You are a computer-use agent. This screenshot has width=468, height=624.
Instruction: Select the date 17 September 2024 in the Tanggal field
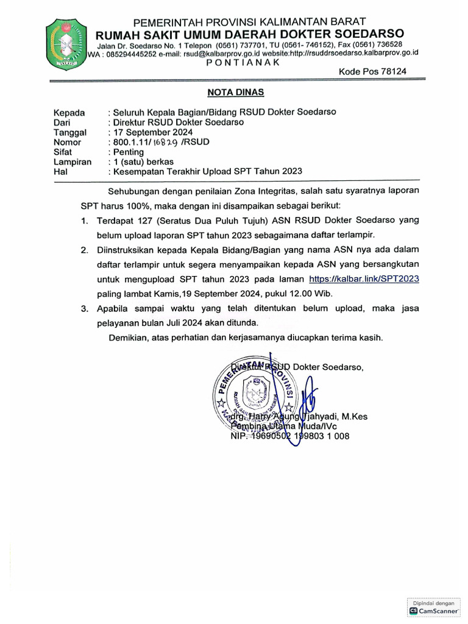(x=152, y=132)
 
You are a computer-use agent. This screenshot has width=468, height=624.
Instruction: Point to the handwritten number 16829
(x=166, y=143)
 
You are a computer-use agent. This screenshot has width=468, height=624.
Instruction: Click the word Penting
(x=127, y=152)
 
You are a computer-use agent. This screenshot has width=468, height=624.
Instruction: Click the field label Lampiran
(x=72, y=161)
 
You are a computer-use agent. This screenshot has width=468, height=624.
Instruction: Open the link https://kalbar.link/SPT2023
(x=364, y=277)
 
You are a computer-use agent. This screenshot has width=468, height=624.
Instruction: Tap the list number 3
(x=84, y=309)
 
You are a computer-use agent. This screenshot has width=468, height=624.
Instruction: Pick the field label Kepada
(x=69, y=112)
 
